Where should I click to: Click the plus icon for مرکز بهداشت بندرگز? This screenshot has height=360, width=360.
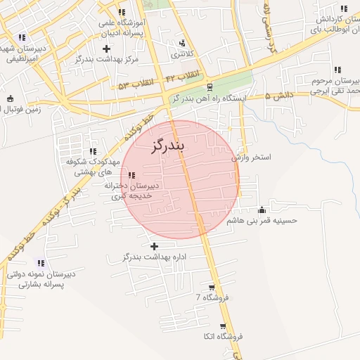(106, 49)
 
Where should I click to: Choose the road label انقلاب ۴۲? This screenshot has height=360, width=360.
(183, 75)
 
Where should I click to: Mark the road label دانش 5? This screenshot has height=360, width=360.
(276, 96)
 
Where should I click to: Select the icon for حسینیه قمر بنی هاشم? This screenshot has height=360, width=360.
(262, 210)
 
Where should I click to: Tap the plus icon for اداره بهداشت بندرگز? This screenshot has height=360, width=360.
(154, 246)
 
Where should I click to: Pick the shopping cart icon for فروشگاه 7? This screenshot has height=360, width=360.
(212, 288)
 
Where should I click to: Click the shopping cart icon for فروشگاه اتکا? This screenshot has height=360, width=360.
(223, 326)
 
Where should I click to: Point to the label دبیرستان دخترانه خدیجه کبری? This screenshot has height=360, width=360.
(133, 191)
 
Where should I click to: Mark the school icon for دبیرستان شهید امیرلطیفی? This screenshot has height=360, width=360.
(22, 37)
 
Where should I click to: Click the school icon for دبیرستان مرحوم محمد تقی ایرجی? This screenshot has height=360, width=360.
(338, 70)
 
